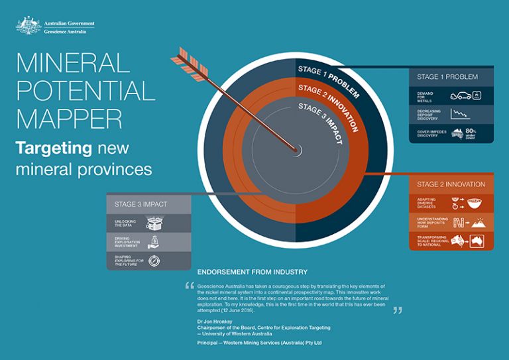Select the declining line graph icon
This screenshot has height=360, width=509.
(x=460, y=113)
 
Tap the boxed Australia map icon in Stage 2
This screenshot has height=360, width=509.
(x=478, y=241)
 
